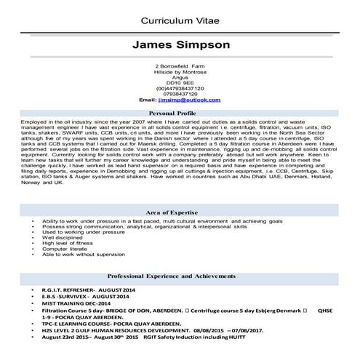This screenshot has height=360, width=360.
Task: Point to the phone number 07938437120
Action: pyautogui.click(x=180, y=93)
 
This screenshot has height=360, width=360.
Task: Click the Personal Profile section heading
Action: pyautogui.click(x=180, y=114)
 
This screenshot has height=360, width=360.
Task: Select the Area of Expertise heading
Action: pyautogui.click(x=180, y=209)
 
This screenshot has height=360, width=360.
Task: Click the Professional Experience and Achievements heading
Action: pyautogui.click(x=180, y=277)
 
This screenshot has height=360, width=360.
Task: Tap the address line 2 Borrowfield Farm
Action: pyautogui.click(x=180, y=67)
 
